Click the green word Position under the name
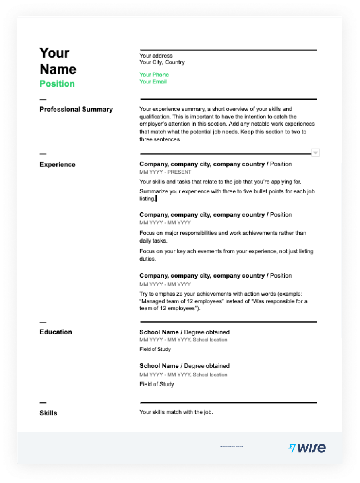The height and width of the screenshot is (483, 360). tap(57, 84)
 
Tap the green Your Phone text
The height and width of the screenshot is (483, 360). tap(154, 75)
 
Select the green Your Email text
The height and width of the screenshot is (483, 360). tap(153, 82)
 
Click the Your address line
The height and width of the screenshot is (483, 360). tap(156, 56)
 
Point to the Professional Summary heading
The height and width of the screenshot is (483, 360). tap(76, 109)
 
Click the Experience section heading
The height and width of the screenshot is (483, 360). tap(58, 164)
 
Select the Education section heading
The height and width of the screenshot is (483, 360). tap(56, 332)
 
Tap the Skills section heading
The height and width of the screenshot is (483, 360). tap(48, 413)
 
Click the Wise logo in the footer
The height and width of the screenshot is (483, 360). tap(307, 448)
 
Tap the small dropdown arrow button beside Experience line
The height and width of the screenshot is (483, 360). tap(316, 153)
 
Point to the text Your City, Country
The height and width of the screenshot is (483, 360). tap(162, 62)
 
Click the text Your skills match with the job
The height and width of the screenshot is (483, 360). tap(176, 412)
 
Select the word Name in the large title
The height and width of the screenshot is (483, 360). tap(58, 69)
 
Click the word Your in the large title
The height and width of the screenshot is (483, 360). tap(54, 53)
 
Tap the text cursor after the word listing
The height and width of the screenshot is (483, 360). tap(156, 199)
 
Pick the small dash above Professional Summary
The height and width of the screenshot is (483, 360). tap(43, 99)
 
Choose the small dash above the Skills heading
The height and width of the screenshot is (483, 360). tap(43, 402)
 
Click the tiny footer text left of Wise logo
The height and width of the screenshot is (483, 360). tap(232, 446)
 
